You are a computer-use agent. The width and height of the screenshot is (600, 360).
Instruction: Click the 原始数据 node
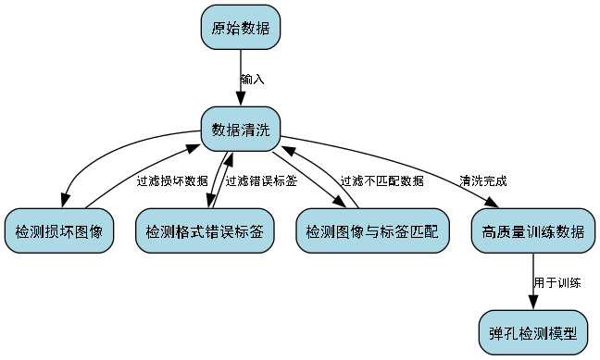point(241,28)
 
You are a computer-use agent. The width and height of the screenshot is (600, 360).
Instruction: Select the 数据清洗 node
point(241,130)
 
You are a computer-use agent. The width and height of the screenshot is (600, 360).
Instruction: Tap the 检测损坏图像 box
point(59,230)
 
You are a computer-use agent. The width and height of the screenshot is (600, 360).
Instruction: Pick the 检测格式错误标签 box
point(205,230)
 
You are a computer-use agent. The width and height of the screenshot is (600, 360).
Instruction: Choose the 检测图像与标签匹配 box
point(372,230)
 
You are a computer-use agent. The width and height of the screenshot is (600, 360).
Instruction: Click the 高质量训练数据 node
point(532,230)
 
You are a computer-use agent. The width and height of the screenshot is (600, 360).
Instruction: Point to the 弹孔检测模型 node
point(532,331)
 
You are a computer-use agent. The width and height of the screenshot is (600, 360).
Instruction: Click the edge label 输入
point(252,80)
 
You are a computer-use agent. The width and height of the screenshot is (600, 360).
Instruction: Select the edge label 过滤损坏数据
point(172,180)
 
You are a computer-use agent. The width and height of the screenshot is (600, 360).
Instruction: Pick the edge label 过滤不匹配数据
point(381,180)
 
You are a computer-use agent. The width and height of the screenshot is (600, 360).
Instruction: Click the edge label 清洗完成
point(483,180)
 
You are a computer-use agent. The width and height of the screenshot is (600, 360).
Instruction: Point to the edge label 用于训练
point(556,281)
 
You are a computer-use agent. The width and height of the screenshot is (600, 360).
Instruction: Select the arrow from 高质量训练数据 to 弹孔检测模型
point(532,281)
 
